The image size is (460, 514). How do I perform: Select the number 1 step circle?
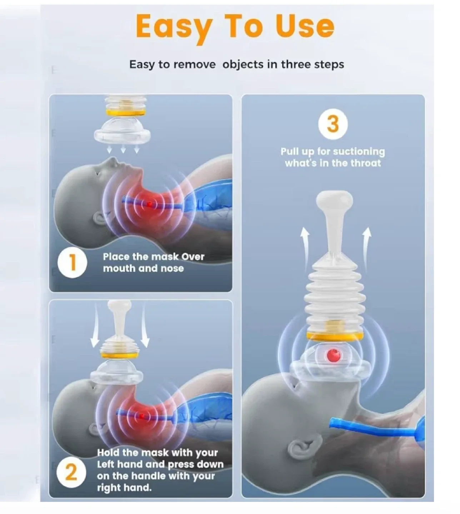tap(72, 263)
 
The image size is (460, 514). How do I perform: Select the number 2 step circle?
tap(71, 473)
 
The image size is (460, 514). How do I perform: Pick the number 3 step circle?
tap(332, 124)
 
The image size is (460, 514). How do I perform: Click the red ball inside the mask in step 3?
tap(333, 355)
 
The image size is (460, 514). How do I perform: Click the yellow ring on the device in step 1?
tap(125, 113)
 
